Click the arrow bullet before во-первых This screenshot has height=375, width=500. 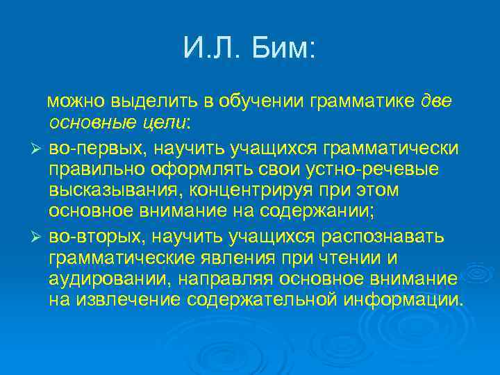[x=38, y=151]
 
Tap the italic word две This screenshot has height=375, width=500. [x=437, y=102]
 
